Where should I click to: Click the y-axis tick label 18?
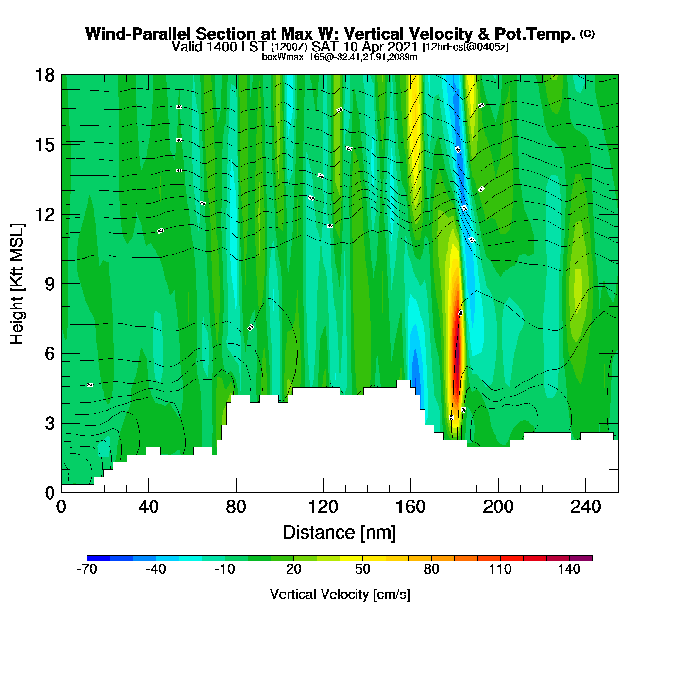pyautogui.click(x=44, y=75)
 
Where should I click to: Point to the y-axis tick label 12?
pyautogui.click(x=44, y=214)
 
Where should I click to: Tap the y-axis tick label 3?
pyautogui.click(x=50, y=423)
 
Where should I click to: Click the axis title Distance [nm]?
pyautogui.click(x=340, y=533)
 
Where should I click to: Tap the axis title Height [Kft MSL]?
pyautogui.click(x=17, y=284)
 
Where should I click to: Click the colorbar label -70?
pyautogui.click(x=87, y=569)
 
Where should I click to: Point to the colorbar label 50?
pyautogui.click(x=362, y=569)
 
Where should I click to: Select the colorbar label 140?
pyautogui.click(x=569, y=569)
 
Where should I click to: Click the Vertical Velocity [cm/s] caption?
pyautogui.click(x=340, y=594)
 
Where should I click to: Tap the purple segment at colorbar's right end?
pyautogui.click(x=580, y=558)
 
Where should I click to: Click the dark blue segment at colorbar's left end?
pyautogui.click(x=98, y=558)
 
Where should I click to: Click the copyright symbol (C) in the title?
pyautogui.click(x=587, y=34)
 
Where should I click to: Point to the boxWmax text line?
pyautogui.click(x=340, y=57)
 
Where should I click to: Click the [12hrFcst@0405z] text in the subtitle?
pyautogui.click(x=465, y=47)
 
